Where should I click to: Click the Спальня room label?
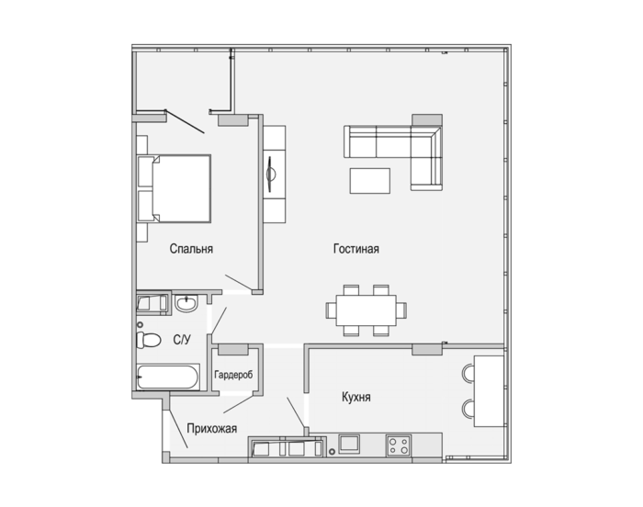tap(191, 249)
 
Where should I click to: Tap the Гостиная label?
tap(356, 249)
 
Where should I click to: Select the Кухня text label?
tap(356, 397)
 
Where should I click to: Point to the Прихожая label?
tap(211, 429)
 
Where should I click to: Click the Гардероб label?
tap(233, 375)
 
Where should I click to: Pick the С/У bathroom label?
tap(182, 340)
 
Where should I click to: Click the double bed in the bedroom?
tap(175, 188)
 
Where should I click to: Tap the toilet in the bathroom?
tap(148, 340)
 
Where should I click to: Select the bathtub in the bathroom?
tap(168, 377)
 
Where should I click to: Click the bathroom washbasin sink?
tap(186, 303)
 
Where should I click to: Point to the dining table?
tap(367, 310)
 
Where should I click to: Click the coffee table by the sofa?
tap(370, 181)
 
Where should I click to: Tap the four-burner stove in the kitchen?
tap(398, 445)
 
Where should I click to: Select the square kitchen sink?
tap(349, 444)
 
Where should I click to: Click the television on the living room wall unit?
tap(270, 174)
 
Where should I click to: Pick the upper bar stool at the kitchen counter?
tap(468, 373)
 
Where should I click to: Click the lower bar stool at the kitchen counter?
tap(468, 409)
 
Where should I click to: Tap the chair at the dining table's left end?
tap(331, 310)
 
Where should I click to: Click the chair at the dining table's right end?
tap(401, 310)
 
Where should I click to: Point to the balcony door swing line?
tap(185, 121)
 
